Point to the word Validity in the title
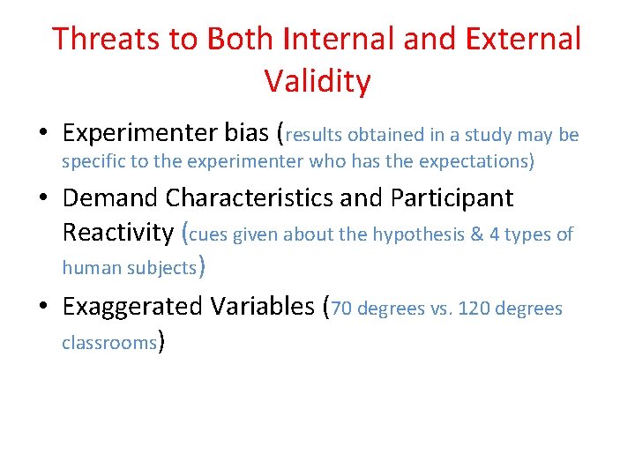click(317, 82)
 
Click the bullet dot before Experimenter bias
click(43, 134)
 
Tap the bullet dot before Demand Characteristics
click(43, 199)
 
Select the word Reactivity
click(118, 233)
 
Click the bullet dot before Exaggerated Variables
click(43, 308)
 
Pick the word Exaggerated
click(132, 307)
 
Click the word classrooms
click(108, 342)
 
